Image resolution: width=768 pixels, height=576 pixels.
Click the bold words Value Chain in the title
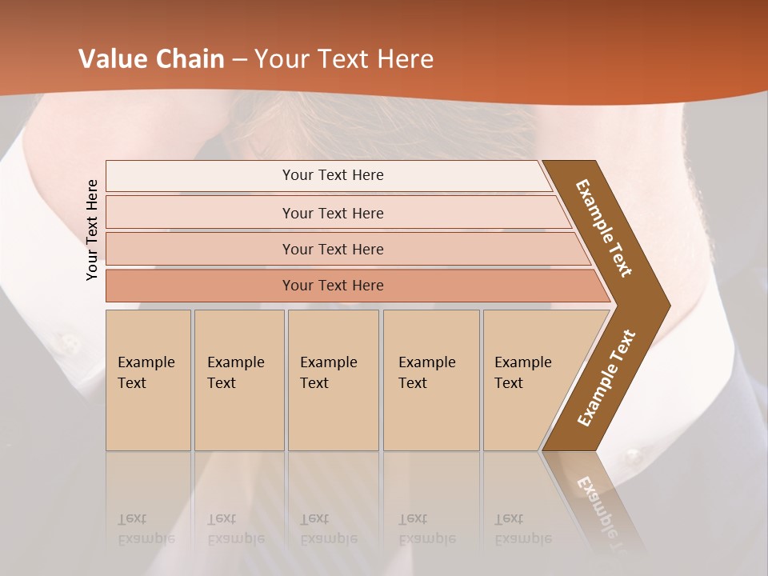(x=151, y=59)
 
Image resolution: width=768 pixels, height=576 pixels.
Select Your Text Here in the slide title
(x=344, y=59)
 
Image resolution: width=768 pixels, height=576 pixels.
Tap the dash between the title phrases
(x=239, y=60)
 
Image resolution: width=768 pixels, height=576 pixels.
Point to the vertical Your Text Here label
(x=92, y=230)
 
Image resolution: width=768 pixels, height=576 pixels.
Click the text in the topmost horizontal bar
(x=333, y=175)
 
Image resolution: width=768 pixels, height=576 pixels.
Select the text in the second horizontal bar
(x=333, y=213)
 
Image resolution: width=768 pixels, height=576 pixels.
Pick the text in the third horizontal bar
(x=333, y=249)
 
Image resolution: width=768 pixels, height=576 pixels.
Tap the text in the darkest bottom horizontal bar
(x=333, y=285)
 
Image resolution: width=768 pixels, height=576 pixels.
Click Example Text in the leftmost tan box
(x=146, y=372)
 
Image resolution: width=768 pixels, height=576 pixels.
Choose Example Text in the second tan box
(x=235, y=372)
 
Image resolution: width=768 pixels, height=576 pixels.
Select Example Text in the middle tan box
(x=328, y=372)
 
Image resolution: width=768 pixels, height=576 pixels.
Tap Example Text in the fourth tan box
(x=426, y=372)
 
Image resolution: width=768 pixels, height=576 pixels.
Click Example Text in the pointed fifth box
(x=522, y=372)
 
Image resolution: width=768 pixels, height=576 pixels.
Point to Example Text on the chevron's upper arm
(x=604, y=228)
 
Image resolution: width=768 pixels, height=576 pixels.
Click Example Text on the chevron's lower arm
(x=606, y=378)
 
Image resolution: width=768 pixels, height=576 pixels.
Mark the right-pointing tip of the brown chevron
(x=668, y=305)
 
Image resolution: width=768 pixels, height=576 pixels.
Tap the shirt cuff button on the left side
(x=70, y=345)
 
